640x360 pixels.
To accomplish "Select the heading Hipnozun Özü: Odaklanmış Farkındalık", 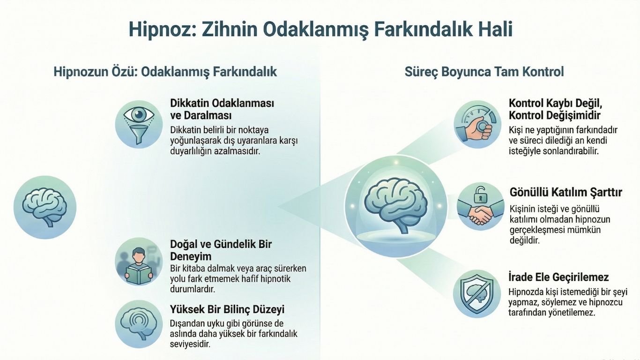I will [165, 72].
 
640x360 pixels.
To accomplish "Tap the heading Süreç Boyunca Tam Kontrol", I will [484, 72].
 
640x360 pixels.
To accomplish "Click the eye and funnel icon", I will [139, 124].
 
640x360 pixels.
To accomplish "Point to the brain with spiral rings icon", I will [139, 324].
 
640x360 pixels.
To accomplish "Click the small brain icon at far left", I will [45, 207].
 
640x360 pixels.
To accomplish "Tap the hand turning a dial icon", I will [477, 124].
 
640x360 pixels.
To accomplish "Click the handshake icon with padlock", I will [480, 207].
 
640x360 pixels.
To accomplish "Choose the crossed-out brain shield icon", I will [476, 293].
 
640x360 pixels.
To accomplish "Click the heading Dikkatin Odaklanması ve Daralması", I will [222, 109].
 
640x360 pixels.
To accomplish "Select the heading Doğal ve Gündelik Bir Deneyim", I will [221, 250].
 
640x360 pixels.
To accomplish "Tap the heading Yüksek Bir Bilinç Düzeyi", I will [227, 309].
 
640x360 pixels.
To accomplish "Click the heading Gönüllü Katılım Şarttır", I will [566, 193].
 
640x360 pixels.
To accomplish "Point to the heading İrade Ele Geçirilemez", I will [558, 277].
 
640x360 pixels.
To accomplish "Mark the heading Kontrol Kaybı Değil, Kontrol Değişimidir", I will [555, 109].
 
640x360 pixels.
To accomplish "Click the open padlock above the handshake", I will [480, 194].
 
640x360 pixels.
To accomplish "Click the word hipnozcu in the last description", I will [607, 302].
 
